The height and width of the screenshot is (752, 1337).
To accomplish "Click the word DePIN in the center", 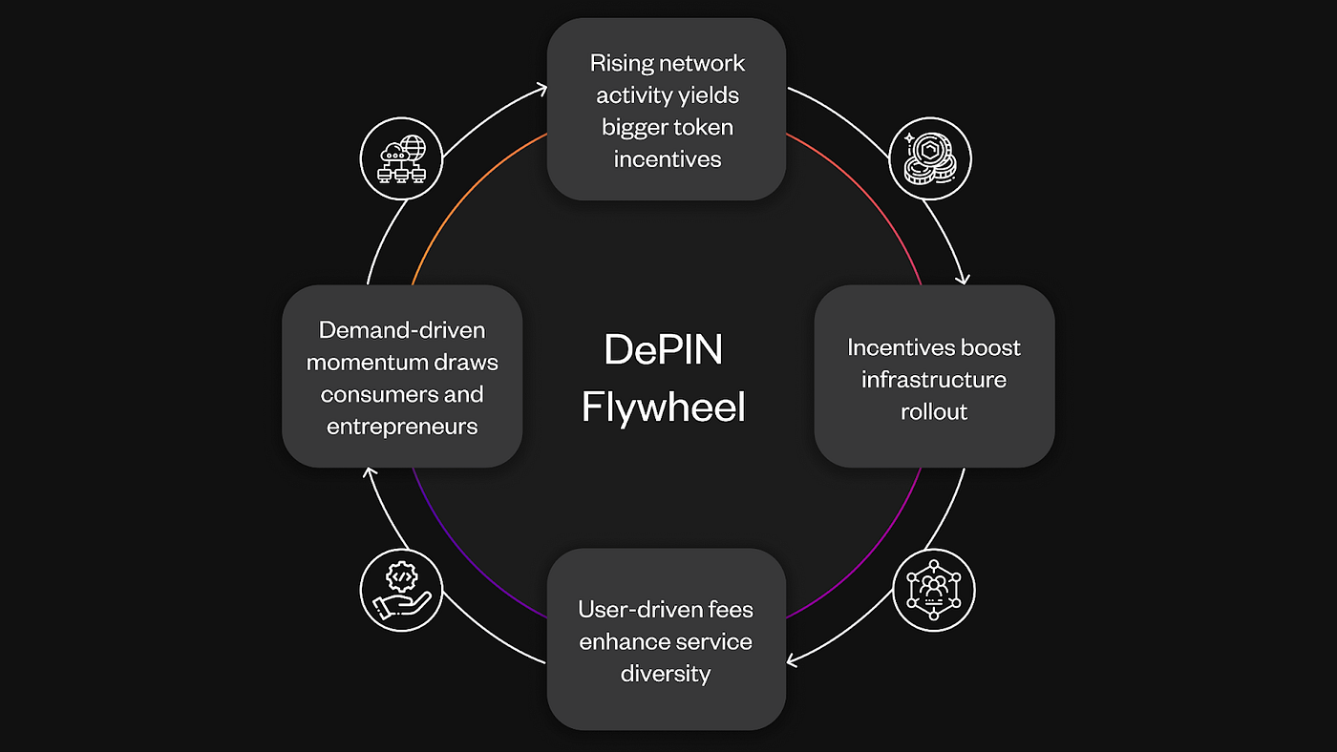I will click(x=664, y=350).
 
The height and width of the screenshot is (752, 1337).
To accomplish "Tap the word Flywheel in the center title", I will click(x=664, y=407).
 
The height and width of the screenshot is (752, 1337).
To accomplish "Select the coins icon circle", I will click(x=930, y=158).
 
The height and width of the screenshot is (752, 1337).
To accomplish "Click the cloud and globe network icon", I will click(x=401, y=158).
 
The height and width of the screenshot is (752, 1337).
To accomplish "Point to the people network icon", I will click(x=933, y=590).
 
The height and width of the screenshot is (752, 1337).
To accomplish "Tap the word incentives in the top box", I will click(x=667, y=158).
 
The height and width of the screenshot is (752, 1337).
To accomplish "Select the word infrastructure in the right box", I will click(x=933, y=380).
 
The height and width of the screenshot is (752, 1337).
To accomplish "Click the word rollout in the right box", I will click(x=933, y=411).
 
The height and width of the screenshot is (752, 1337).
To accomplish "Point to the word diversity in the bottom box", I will click(x=666, y=674).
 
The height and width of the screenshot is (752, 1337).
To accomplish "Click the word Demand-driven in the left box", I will click(x=402, y=330).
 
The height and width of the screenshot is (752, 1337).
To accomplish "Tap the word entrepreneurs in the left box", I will click(x=402, y=427).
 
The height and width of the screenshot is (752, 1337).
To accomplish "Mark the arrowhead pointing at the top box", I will click(x=541, y=89).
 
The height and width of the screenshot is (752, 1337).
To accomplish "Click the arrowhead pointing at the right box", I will click(x=963, y=279).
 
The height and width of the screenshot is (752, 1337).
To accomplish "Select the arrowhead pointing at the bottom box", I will click(x=792, y=659).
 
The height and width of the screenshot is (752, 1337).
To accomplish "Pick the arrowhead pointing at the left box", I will click(x=369, y=472).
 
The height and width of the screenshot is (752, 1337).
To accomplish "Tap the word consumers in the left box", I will click(x=374, y=394).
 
